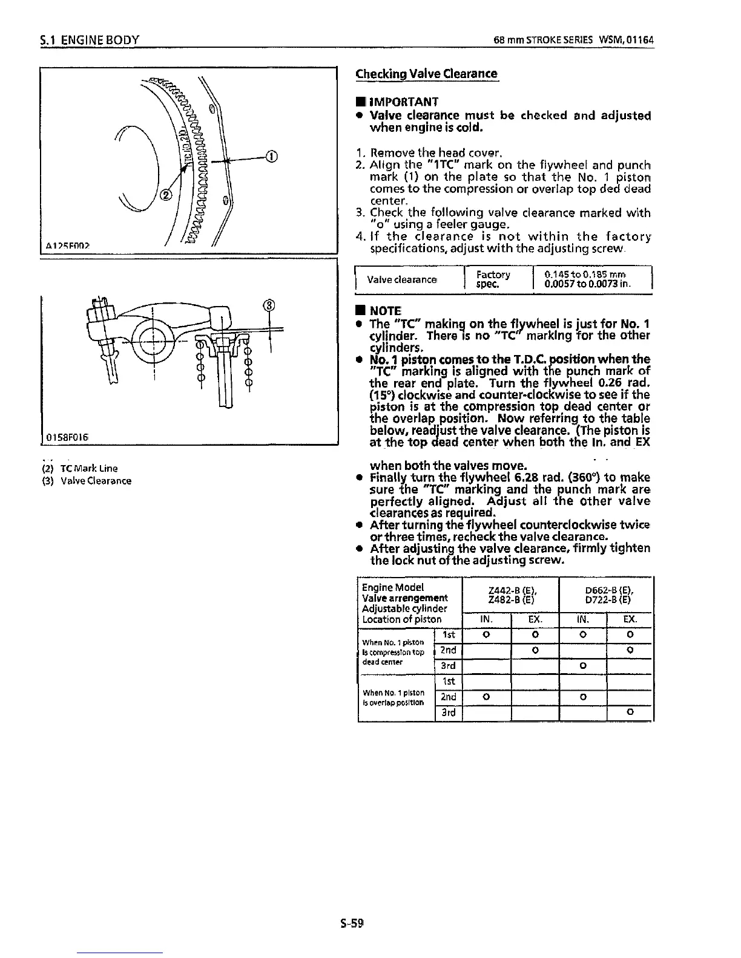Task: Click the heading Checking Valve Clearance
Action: coord(426,74)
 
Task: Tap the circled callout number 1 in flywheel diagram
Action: coord(271,159)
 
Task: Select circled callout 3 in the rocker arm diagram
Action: coord(269,304)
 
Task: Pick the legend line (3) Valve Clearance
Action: coord(87,481)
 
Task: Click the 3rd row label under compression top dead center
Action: coord(449,666)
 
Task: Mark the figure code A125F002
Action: coord(67,246)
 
